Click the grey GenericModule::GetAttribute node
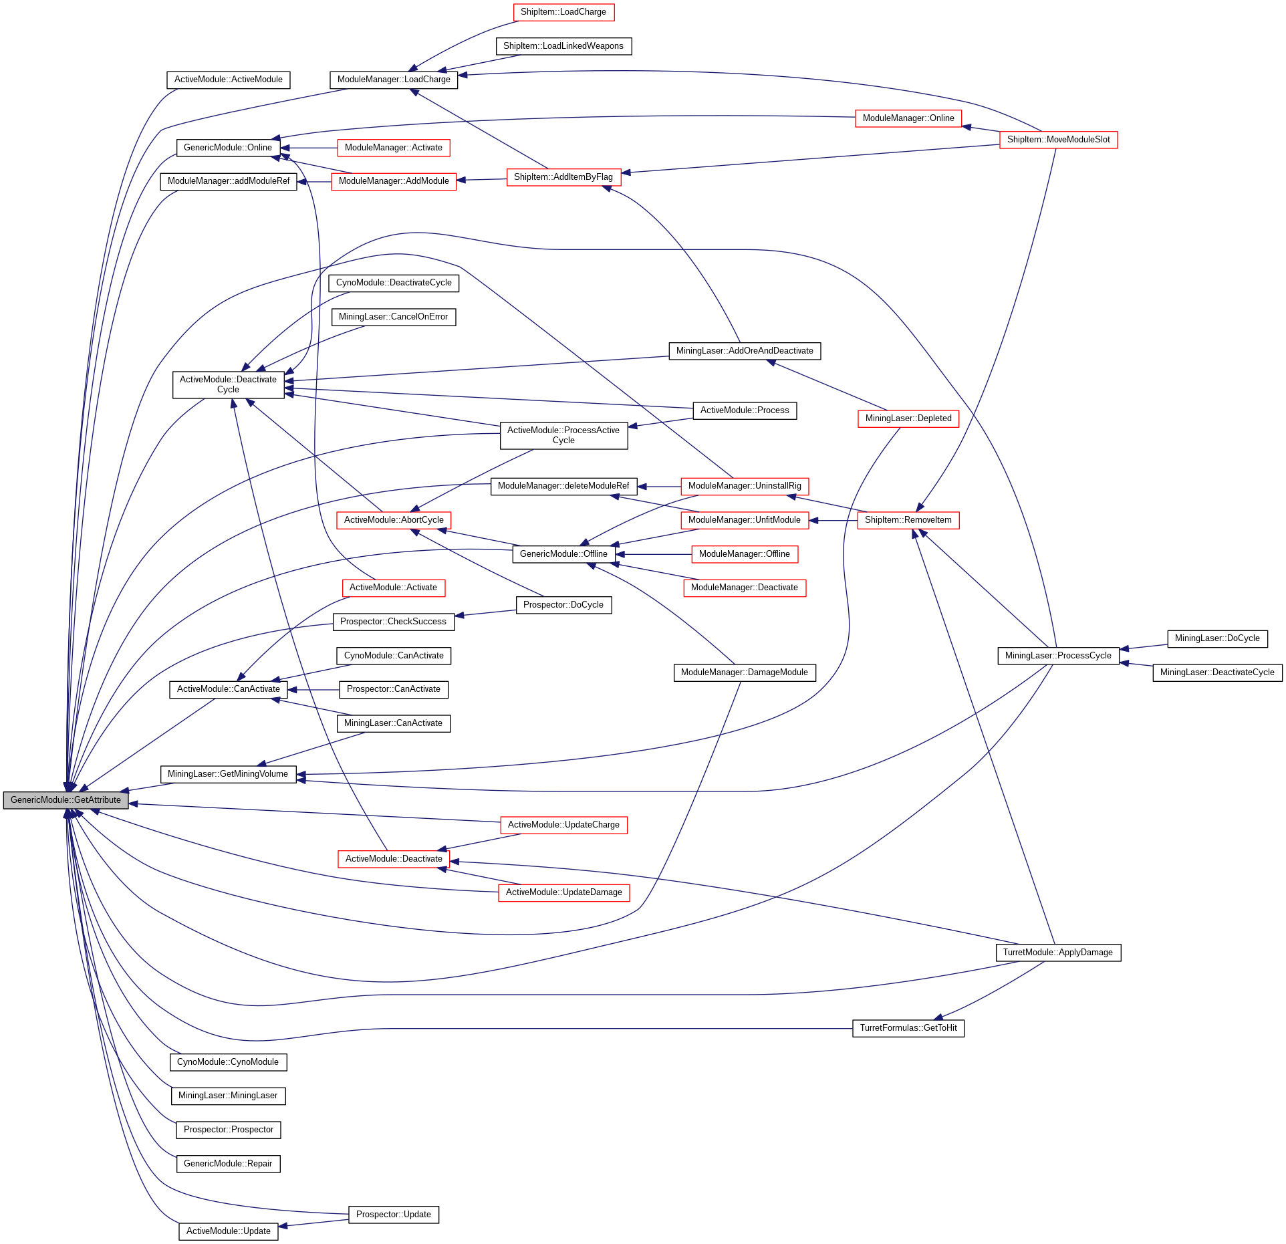[x=66, y=800]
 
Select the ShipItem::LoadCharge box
[x=563, y=12]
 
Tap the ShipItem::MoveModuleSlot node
[x=1058, y=140]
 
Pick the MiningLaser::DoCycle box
[x=1216, y=638]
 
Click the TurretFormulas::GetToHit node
[x=908, y=1028]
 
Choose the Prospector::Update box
[x=393, y=1215]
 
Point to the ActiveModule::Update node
[x=228, y=1231]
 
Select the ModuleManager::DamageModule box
[x=744, y=672]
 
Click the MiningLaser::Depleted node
[x=908, y=418]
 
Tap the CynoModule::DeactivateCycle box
[x=393, y=283]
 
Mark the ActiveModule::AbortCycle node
[x=393, y=520]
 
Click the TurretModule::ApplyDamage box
[x=1057, y=953]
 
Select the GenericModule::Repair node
[x=227, y=1164]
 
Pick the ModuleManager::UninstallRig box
[x=744, y=486]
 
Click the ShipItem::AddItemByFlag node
[x=563, y=177]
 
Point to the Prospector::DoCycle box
[x=563, y=605]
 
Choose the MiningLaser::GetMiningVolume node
[x=227, y=774]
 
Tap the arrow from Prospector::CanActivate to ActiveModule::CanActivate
[x=313, y=690]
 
